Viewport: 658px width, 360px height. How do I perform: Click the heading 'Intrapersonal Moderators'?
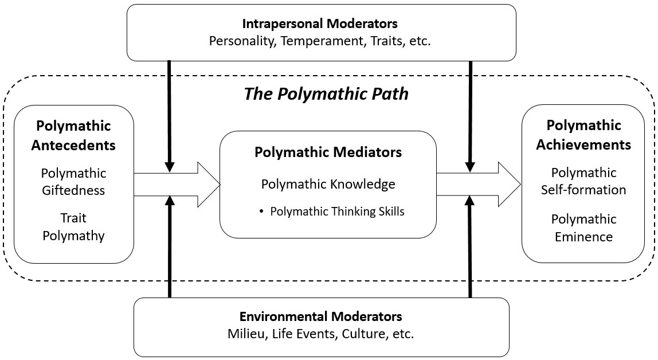click(320, 24)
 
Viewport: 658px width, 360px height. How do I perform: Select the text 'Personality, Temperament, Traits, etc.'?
click(320, 41)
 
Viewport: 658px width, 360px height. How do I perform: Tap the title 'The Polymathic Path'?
click(327, 94)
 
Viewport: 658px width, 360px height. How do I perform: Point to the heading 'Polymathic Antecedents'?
click(73, 135)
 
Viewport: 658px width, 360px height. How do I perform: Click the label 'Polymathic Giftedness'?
click(73, 181)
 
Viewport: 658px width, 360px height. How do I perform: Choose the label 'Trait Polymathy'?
click(73, 227)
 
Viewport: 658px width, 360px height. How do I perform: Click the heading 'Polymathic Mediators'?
click(328, 152)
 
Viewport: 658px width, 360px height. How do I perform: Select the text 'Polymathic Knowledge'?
click(328, 184)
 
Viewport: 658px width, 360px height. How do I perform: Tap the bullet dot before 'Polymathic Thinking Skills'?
click(261, 212)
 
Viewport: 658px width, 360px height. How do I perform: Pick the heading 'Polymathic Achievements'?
click(583, 135)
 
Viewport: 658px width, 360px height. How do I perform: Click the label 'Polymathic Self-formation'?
click(583, 181)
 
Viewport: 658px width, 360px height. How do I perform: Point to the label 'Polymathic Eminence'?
click(583, 227)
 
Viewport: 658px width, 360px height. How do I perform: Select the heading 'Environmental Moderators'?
click(320, 316)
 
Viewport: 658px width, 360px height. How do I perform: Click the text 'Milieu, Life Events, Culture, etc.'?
click(320, 334)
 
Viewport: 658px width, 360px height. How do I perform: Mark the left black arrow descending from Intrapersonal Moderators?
click(170, 115)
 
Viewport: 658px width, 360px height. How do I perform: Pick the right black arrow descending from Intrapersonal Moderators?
click(470, 115)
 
